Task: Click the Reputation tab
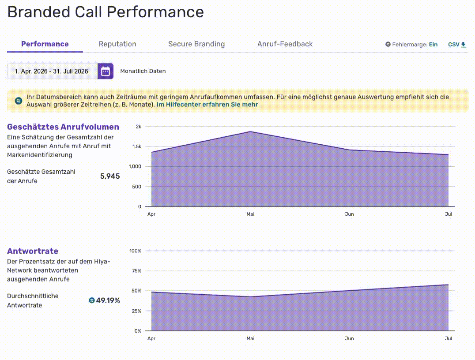click(117, 44)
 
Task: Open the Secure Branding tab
click(196, 44)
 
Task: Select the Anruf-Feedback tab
click(285, 44)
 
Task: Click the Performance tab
click(45, 44)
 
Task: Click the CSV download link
click(457, 45)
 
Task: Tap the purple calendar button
click(106, 71)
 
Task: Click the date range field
click(52, 71)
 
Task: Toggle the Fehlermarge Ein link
click(433, 45)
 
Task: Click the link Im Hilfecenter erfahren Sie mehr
click(207, 105)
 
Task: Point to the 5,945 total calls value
click(110, 176)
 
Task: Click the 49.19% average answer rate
click(108, 300)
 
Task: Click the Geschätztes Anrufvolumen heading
click(63, 127)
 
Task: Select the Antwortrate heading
click(33, 251)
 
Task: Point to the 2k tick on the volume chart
click(139, 127)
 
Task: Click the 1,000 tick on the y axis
click(135, 166)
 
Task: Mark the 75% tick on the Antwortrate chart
click(136, 271)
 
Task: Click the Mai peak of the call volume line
click(251, 131)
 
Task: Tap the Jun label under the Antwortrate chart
click(349, 338)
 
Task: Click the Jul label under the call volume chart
click(449, 214)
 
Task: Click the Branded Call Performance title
click(106, 12)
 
